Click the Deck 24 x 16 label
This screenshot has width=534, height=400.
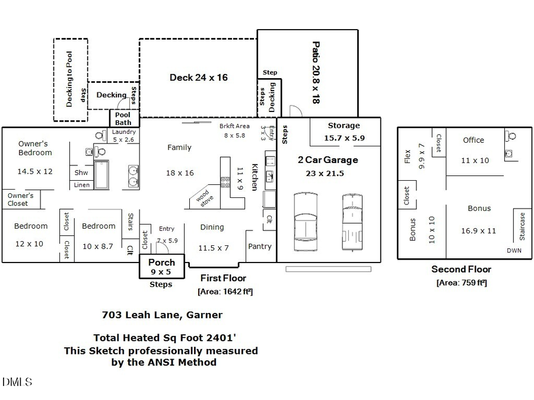pos(198,78)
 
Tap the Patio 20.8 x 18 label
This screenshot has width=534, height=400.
pos(316,72)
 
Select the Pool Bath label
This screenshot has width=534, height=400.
pos(123,119)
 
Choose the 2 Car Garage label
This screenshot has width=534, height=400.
pos(328,160)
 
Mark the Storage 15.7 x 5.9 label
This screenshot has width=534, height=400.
pos(344,132)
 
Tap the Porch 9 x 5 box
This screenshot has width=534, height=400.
pos(161,267)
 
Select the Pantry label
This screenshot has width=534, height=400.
pos(259,247)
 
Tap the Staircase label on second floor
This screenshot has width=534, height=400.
pos(522,226)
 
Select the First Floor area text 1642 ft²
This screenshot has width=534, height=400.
pos(225,291)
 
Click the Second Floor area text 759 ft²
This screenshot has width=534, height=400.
pos(461,283)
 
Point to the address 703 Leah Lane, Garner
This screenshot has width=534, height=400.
pos(162,315)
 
